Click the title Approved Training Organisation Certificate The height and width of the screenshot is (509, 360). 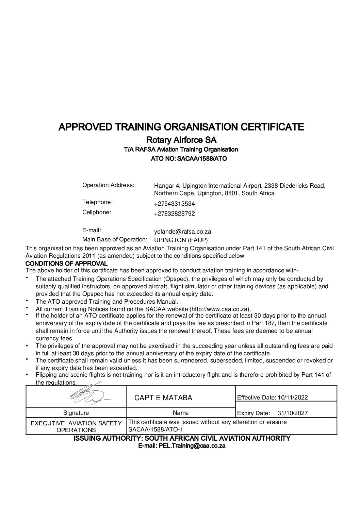(181, 127)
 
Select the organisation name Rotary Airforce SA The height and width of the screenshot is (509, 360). (181, 140)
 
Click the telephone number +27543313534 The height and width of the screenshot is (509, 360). (174, 204)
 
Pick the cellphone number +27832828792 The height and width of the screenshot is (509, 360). (174, 214)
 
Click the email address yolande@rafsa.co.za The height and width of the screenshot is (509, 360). (182, 232)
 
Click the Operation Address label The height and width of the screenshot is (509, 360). (108, 185)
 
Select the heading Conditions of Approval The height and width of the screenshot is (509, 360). (67, 264)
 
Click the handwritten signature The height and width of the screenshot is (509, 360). (89, 395)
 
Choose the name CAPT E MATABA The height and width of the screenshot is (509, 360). (163, 398)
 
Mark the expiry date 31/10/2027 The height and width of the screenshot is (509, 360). (293, 413)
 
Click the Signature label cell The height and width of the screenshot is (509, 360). (76, 413)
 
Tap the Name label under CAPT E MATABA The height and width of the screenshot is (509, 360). (181, 413)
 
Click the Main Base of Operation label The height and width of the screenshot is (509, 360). (115, 239)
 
